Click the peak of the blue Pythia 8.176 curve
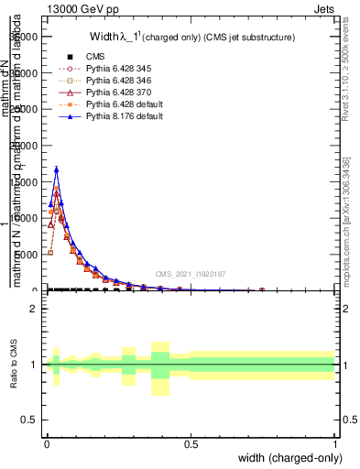click(56, 169)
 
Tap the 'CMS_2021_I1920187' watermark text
click(191, 273)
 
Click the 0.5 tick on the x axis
click(191, 444)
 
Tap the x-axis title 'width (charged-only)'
click(287, 459)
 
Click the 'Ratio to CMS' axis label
click(15, 365)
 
